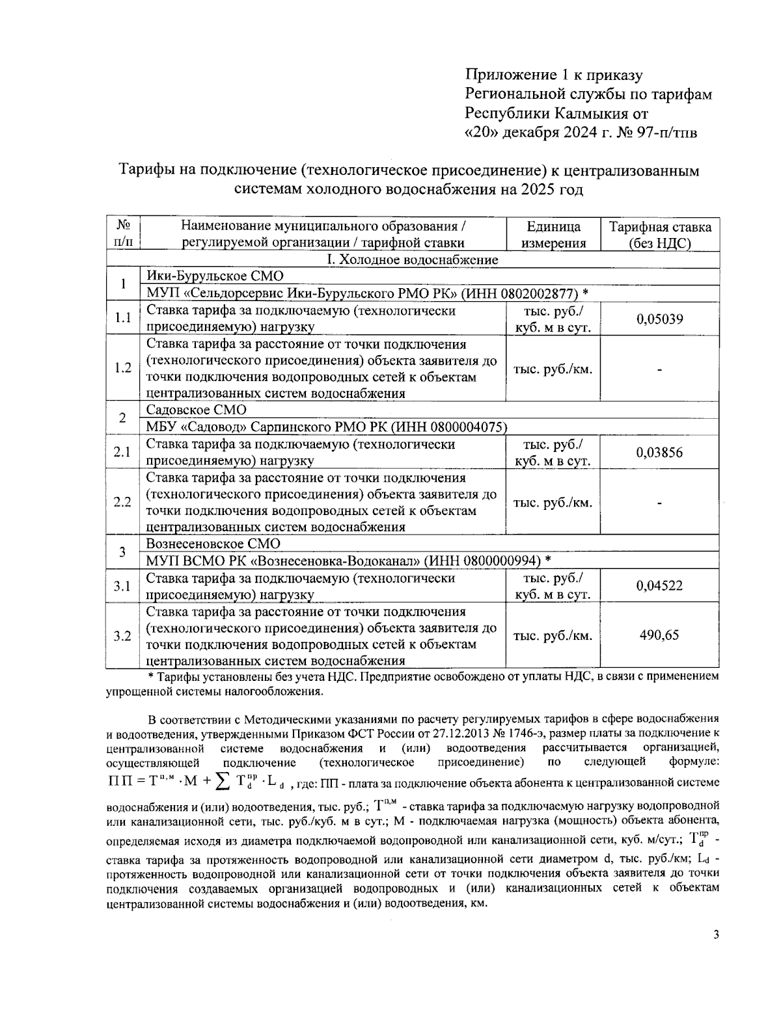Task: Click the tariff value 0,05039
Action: [x=660, y=319]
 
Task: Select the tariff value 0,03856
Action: [x=660, y=453]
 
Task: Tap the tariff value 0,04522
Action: [x=660, y=586]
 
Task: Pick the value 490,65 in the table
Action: [x=660, y=635]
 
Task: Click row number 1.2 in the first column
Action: [x=123, y=368]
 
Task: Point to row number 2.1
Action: [x=123, y=453]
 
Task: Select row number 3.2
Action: [x=123, y=636]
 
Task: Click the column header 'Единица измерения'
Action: [x=553, y=235]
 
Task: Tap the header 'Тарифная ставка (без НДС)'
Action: [x=660, y=235]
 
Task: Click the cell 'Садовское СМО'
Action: [x=197, y=410]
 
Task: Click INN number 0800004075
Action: [x=464, y=427]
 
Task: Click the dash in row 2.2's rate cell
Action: [x=660, y=503]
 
